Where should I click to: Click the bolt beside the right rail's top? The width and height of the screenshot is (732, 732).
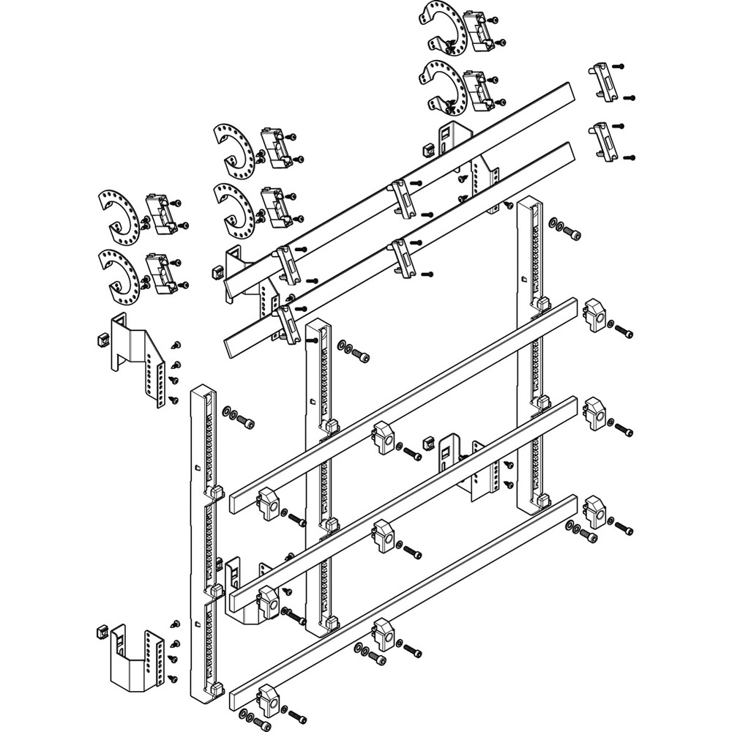[575, 234]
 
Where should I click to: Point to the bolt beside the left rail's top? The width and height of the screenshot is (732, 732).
[249, 423]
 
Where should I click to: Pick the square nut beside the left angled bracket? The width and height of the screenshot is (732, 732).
[102, 339]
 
